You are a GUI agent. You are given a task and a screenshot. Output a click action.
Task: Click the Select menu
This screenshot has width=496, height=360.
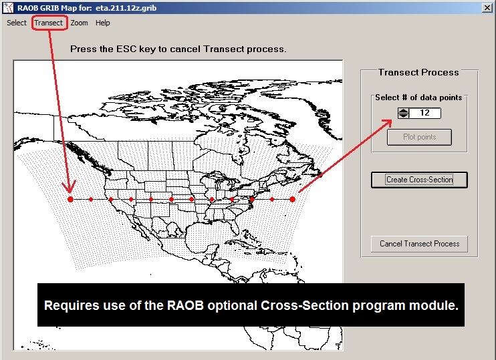click(x=17, y=23)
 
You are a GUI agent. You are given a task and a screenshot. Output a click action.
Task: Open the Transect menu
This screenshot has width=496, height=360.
click(x=48, y=23)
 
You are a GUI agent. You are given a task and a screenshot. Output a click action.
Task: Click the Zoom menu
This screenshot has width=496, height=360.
click(x=79, y=23)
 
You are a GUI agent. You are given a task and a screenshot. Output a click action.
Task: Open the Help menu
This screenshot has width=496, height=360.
click(x=102, y=23)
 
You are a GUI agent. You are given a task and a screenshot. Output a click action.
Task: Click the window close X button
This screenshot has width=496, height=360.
click(x=487, y=8)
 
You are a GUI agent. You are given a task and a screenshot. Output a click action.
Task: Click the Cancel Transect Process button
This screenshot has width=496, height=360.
click(x=419, y=244)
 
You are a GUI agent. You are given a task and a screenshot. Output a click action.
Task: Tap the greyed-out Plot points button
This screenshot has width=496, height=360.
click(x=419, y=137)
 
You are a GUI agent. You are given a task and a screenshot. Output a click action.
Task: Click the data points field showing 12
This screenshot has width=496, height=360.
click(x=425, y=113)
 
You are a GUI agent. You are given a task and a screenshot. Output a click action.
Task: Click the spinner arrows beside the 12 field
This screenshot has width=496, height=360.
click(x=403, y=113)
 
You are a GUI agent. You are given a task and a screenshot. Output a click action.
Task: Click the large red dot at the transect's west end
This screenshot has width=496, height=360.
click(x=71, y=200)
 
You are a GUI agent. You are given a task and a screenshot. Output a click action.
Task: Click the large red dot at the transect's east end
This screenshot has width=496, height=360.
click(x=292, y=200)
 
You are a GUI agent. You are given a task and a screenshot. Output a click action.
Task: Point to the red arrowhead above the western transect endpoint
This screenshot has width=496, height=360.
click(x=70, y=187)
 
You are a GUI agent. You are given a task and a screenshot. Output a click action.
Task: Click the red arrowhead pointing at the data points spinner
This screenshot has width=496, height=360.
click(x=386, y=123)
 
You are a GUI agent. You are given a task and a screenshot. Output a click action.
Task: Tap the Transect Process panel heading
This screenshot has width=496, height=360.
click(x=418, y=72)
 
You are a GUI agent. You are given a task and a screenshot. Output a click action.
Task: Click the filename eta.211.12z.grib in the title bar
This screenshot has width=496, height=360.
click(x=126, y=8)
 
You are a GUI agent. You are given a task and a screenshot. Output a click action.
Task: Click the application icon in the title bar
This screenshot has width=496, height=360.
click(x=8, y=8)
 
